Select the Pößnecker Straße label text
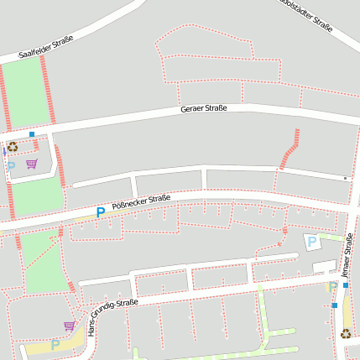pyautogui.click(x=141, y=202)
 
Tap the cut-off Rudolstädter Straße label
pyautogui.click(x=310, y=16)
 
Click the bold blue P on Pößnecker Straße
pyautogui.click(x=101, y=212)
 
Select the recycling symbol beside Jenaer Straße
pyautogui.click(x=346, y=333)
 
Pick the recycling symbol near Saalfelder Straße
pyautogui.click(x=13, y=147)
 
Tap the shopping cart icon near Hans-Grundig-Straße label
pyautogui.click(x=69, y=326)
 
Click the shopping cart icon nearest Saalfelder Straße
pyautogui.click(x=32, y=164)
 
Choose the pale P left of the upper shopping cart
pyautogui.click(x=11, y=166)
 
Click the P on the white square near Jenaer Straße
pyautogui.click(x=312, y=242)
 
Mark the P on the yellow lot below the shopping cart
pyautogui.click(x=55, y=344)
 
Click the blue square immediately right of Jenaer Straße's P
pyautogui.click(x=345, y=285)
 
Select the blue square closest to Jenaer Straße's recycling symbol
pyautogui.click(x=335, y=305)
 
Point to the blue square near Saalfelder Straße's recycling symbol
pyautogui.click(x=32, y=134)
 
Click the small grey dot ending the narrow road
pyautogui.click(x=345, y=178)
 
